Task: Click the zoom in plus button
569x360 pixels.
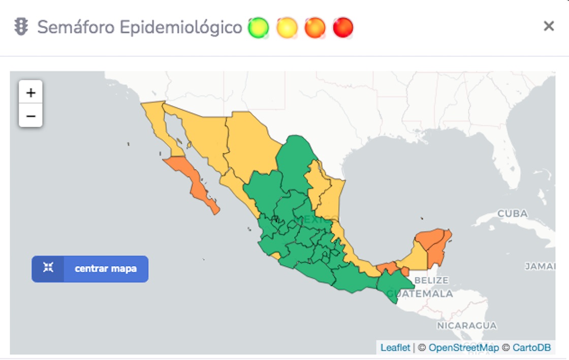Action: click(x=30, y=92)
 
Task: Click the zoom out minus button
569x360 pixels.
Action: click(x=30, y=116)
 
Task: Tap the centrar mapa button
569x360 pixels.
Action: click(x=90, y=269)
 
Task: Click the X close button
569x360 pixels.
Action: click(x=549, y=26)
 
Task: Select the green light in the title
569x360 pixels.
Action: click(x=258, y=28)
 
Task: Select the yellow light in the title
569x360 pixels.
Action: click(x=287, y=28)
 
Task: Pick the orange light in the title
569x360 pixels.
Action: click(x=315, y=28)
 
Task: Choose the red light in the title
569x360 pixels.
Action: click(x=343, y=28)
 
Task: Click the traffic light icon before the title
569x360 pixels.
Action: click(x=21, y=27)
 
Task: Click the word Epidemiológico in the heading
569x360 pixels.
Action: click(x=181, y=27)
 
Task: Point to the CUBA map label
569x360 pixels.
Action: click(x=512, y=214)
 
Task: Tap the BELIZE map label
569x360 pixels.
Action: click(x=431, y=280)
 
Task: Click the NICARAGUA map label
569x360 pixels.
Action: click(x=467, y=325)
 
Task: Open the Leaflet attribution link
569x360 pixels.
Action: click(x=395, y=348)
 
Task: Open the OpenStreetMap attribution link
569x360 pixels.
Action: click(x=463, y=348)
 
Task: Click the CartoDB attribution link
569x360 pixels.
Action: click(x=531, y=348)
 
